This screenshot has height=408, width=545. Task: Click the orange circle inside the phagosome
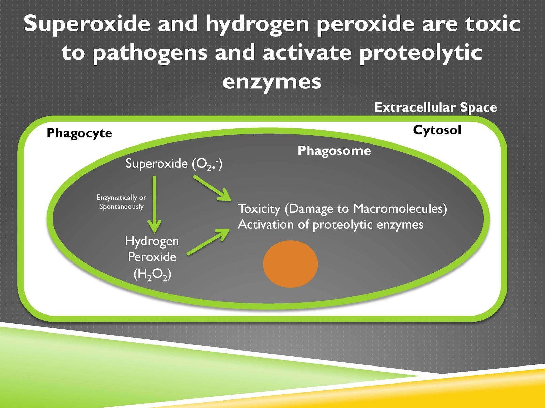[x=290, y=264]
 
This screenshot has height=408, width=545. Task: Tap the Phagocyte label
[x=79, y=133]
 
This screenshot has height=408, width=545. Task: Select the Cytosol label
[x=437, y=130]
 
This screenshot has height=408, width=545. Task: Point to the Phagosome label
[x=334, y=151]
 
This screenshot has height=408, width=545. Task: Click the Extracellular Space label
[x=435, y=107]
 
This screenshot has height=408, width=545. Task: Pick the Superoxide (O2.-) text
[x=174, y=164]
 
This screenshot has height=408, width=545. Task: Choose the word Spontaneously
[x=121, y=207]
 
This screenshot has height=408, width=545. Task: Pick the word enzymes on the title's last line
[x=272, y=82]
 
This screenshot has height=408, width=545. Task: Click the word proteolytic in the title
[x=421, y=53]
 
